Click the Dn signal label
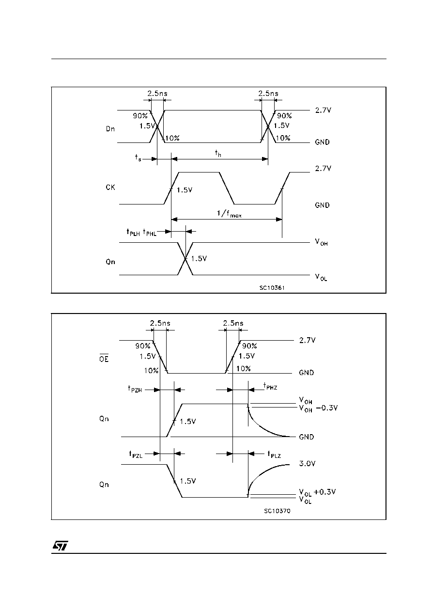(110, 129)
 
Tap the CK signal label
(110, 187)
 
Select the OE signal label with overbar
(104, 358)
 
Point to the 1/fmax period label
(229, 213)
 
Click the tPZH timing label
(135, 389)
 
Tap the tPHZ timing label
(270, 386)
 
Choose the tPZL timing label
(136, 455)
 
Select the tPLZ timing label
(274, 455)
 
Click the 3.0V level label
(307, 463)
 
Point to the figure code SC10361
(272, 288)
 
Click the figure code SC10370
(277, 511)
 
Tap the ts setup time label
(138, 157)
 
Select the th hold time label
(218, 154)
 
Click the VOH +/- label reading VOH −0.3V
(318, 408)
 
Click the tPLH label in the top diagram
(133, 233)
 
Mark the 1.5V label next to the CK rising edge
(185, 190)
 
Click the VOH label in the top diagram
(321, 242)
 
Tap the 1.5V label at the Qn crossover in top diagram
(199, 258)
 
